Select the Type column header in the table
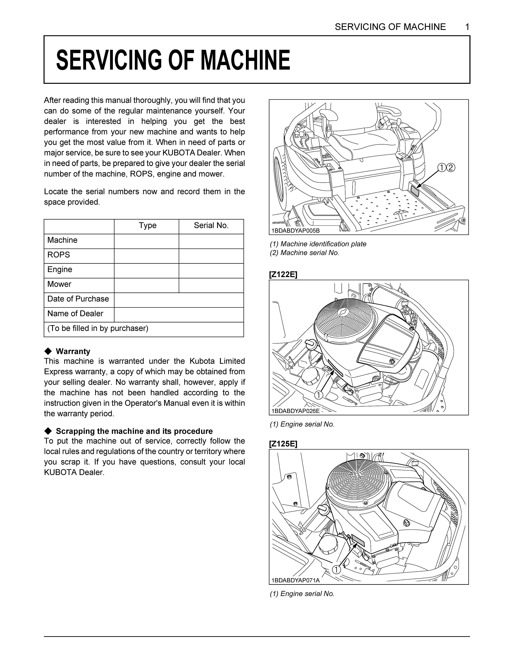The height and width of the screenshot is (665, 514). coord(147,226)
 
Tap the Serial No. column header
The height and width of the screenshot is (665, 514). coord(211,226)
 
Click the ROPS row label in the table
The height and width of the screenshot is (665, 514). coord(59,255)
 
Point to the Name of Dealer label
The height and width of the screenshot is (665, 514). coord(75,314)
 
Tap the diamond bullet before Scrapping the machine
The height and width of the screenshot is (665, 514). coord(48,431)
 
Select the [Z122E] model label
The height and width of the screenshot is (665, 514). coord(283,275)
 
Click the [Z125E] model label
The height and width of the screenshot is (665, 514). coord(283,444)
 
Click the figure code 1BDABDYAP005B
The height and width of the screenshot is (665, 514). coord(295,231)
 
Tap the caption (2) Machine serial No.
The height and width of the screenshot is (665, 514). coord(304,253)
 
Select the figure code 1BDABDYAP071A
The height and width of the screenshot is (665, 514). coord(295,580)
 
